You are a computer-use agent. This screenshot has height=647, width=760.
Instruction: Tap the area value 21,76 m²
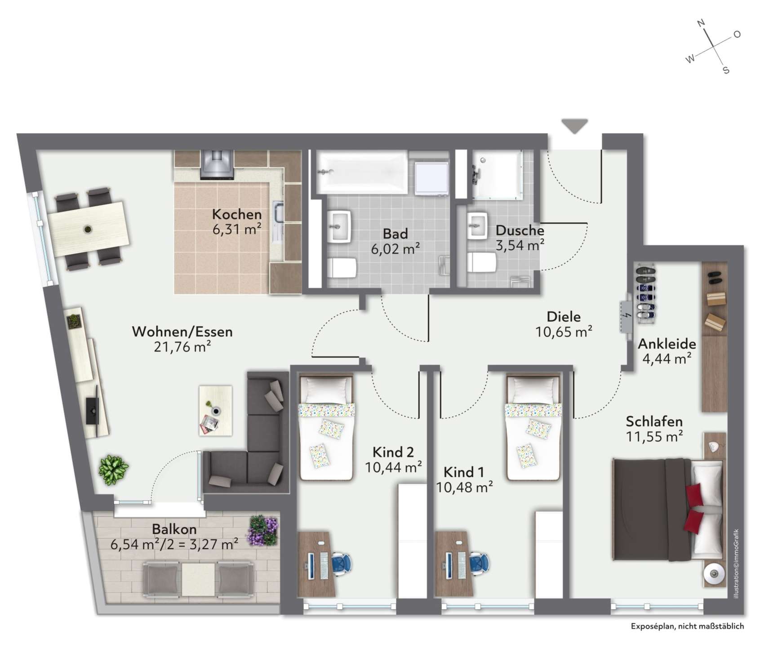click(x=182, y=346)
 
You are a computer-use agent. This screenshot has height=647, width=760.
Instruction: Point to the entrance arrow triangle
click(x=575, y=126)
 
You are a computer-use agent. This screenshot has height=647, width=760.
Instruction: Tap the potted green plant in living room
click(x=113, y=469)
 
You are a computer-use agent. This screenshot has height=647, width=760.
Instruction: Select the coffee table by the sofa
click(x=216, y=410)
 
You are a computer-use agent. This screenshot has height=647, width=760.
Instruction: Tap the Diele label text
click(x=564, y=316)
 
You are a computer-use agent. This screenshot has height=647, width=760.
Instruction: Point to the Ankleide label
click(x=667, y=344)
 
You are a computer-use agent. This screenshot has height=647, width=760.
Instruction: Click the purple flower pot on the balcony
click(x=263, y=530)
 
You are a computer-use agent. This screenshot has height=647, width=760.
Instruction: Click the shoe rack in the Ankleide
click(x=645, y=293)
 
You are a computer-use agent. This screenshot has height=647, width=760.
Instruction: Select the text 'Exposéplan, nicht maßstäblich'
click(x=687, y=626)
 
